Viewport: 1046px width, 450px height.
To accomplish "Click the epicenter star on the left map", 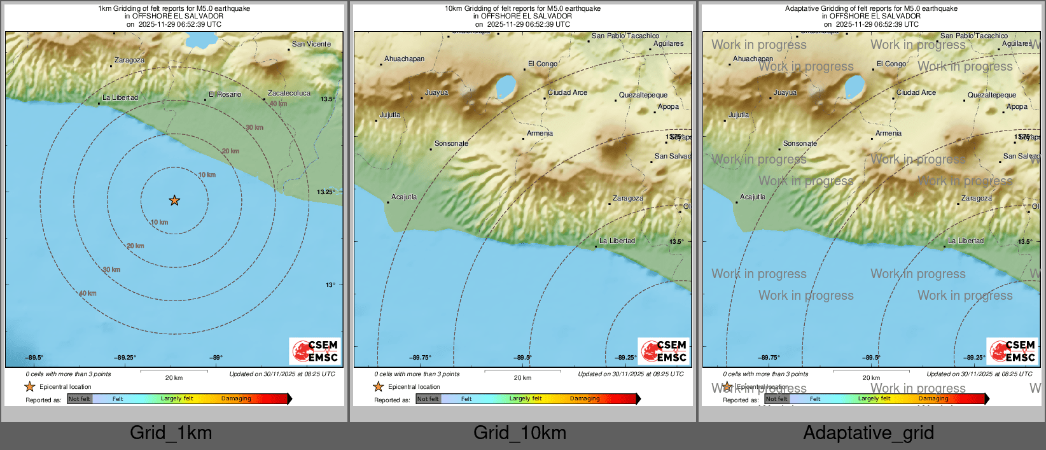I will point(174,200).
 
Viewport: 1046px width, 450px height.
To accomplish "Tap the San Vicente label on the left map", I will point(311,45).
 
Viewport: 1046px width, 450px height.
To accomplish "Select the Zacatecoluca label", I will point(289,94).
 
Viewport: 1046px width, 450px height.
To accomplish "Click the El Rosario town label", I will point(225,95).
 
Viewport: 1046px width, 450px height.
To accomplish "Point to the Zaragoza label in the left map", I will point(129,60).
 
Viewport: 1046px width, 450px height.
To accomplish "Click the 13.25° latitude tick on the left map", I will point(326,192).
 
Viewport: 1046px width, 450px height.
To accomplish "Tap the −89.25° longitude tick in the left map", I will point(125,358).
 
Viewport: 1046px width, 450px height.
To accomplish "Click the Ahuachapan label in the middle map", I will point(404,59).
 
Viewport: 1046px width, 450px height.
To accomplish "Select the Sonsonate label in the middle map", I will point(451,144).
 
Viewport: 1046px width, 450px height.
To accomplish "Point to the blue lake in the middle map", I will point(505,85).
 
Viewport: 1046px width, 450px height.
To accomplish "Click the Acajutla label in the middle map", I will point(404,197).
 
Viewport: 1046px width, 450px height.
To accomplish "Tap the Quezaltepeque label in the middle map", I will point(643,95).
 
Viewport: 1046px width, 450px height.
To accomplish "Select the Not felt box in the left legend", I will point(80,399).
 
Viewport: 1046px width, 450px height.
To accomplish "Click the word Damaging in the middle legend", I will point(585,399).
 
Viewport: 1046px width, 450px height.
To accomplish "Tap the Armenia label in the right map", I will point(888,134).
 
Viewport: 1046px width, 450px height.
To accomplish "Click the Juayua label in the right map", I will point(785,93).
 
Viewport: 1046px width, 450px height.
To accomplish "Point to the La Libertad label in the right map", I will point(966,241).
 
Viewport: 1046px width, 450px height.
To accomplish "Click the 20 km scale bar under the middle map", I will point(522,371).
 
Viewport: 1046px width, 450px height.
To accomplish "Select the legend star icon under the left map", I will point(30,387).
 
